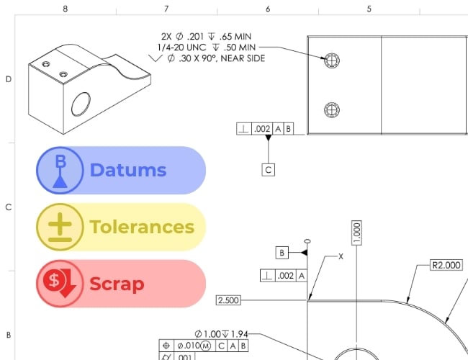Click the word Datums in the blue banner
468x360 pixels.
[x=128, y=170]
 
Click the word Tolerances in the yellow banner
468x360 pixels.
[x=142, y=227]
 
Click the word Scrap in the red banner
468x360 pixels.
[x=117, y=284]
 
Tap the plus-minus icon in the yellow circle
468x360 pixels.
[x=60, y=228]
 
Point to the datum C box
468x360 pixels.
[x=269, y=170]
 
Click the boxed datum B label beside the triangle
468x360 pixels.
[x=282, y=253]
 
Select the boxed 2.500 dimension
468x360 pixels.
[x=228, y=300]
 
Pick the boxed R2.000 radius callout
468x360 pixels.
[x=446, y=265]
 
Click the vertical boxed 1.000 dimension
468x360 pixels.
[x=356, y=233]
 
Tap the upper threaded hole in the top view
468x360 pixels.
[x=332, y=60]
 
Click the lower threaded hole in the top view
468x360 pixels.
[x=332, y=110]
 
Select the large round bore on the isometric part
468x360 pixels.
[x=81, y=104]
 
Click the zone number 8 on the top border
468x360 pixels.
[x=66, y=9]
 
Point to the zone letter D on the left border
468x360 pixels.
[x=9, y=79]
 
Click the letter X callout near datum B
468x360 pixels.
[x=341, y=256]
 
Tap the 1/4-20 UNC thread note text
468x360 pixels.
[x=181, y=48]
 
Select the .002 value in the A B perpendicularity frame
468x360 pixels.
[x=262, y=129]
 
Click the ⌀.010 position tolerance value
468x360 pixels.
[x=189, y=346]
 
